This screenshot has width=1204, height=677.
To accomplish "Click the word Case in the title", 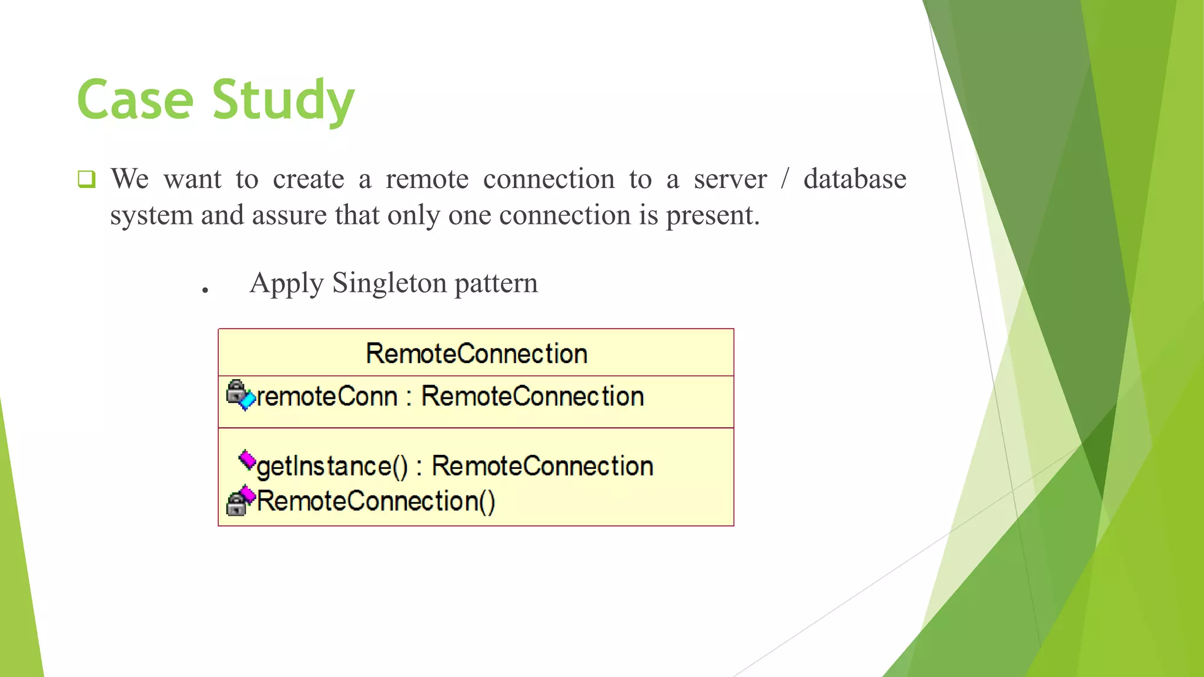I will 135,100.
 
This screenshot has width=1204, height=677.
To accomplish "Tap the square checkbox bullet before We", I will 86,179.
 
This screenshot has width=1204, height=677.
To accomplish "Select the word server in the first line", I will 730,179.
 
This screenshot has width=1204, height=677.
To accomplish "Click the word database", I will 854,179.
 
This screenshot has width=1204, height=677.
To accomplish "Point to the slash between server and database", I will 784,179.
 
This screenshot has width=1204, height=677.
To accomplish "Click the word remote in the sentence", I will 427,179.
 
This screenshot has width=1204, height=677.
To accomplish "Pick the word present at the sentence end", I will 712,216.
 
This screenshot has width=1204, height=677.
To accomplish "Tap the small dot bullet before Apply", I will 205,290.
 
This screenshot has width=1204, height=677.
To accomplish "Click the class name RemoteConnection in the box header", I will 476,354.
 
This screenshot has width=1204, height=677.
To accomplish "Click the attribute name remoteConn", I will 327,397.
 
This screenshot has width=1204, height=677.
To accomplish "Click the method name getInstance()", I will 332,467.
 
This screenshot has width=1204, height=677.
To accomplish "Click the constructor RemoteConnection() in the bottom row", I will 376,501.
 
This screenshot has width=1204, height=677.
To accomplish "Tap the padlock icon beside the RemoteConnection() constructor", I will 236,504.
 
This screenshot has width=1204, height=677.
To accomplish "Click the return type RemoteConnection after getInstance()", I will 542,467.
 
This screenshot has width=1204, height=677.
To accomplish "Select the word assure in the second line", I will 289,216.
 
